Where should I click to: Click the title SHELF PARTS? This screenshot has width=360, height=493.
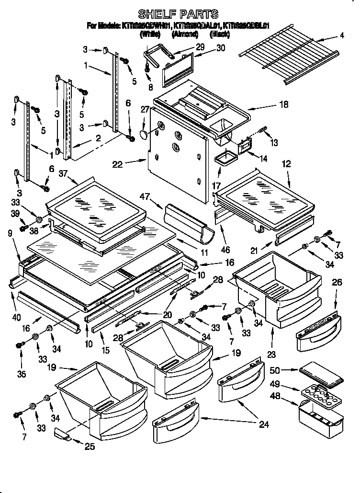(x=178, y=13)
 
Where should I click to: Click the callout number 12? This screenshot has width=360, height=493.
(x=286, y=164)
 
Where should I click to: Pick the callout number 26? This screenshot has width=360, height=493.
(x=337, y=283)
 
